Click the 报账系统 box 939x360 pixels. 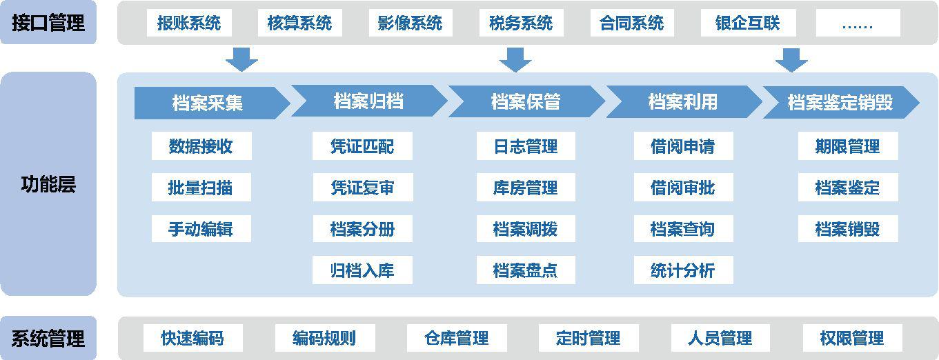pyautogui.click(x=189, y=23)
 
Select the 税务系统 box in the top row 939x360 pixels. pyautogui.click(x=521, y=23)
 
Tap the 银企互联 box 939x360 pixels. pyautogui.click(x=749, y=23)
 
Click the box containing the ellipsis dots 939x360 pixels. pyautogui.click(x=858, y=23)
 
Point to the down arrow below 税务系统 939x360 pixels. pyautogui.click(x=515, y=60)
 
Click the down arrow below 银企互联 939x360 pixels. pyautogui.click(x=791, y=60)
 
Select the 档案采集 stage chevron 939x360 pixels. pyautogui.click(x=212, y=103)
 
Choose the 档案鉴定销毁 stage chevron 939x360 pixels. pyautogui.click(x=841, y=102)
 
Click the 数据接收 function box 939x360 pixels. pyautogui.click(x=201, y=146)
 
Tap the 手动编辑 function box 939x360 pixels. pyautogui.click(x=201, y=228)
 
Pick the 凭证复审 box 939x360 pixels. pyautogui.click(x=363, y=187)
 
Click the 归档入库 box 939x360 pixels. pyautogui.click(x=363, y=270)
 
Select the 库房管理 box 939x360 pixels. pyautogui.click(x=526, y=187)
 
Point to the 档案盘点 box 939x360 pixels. pyautogui.click(x=526, y=270)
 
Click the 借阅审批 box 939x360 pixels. pyautogui.click(x=683, y=187)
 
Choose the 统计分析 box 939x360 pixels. pyautogui.click(x=683, y=270)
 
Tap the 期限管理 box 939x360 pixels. pyautogui.click(x=848, y=146)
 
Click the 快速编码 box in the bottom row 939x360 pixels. pyautogui.click(x=192, y=338)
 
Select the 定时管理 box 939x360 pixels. pyautogui.click(x=589, y=338)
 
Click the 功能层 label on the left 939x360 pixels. pyautogui.click(x=48, y=184)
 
